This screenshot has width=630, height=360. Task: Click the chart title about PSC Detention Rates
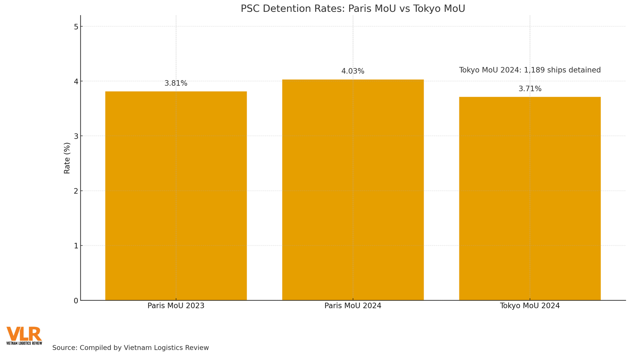[353, 9]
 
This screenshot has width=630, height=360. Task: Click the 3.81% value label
[176, 83]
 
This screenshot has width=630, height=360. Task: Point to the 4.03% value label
[353, 71]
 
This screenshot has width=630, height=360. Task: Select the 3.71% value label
[530, 89]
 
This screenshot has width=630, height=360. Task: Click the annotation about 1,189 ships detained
[530, 70]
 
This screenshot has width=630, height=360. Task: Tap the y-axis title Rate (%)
[67, 158]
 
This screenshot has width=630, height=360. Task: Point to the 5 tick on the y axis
[76, 27]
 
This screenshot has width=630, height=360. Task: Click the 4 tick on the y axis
[76, 81]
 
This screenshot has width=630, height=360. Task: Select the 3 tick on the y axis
[76, 136]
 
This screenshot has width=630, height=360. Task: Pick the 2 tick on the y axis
[76, 191]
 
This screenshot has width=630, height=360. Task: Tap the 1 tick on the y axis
[76, 246]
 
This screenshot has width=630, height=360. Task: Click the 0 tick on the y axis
[76, 301]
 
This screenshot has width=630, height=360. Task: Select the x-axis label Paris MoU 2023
[176, 306]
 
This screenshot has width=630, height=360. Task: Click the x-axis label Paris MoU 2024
[353, 306]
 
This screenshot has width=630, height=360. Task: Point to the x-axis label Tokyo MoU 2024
[530, 306]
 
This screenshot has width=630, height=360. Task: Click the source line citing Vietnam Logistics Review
[130, 348]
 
